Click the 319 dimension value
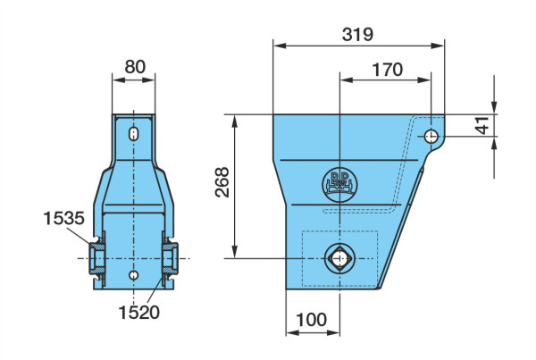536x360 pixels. point(357,35)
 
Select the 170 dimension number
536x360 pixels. point(387,70)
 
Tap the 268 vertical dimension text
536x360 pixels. point(222,182)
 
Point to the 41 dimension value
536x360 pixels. point(482,125)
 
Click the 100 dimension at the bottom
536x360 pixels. point(311,320)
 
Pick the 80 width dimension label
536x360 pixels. point(135,67)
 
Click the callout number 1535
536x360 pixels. point(64,218)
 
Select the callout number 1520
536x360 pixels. point(138,313)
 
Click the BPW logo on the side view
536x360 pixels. point(339,185)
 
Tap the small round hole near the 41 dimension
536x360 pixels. point(431,137)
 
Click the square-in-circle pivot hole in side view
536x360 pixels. point(339,258)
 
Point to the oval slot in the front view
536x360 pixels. point(134,134)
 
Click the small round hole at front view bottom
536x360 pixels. point(134,275)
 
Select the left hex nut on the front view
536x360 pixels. point(96,258)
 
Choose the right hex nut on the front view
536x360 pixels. point(171,258)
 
